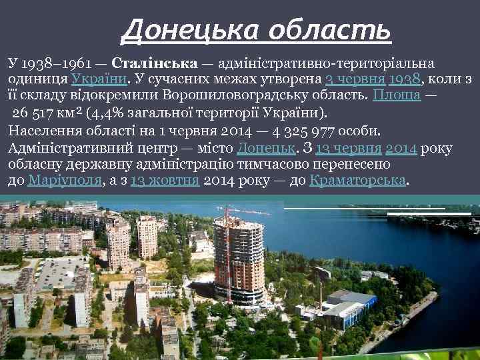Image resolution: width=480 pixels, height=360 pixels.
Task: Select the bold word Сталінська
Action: point(154,64)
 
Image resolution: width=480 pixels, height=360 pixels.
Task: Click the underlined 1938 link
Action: point(405,79)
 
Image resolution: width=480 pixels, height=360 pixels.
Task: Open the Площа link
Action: point(396,95)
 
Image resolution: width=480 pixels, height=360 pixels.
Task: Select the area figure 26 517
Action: point(39,111)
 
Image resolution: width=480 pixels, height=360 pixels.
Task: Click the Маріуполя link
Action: point(65,180)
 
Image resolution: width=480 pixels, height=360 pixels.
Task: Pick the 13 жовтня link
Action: point(165,180)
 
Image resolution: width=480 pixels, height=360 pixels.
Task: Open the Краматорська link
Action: point(358,180)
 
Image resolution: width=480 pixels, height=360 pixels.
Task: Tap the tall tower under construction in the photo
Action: point(238,260)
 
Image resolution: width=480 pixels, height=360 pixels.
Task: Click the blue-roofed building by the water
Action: point(347,303)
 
